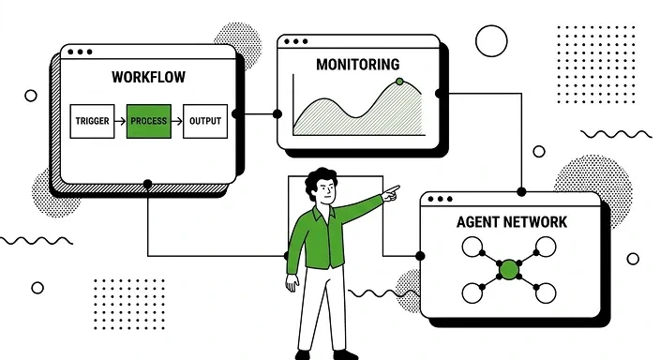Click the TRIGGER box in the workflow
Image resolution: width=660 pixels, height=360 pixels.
pos(92,122)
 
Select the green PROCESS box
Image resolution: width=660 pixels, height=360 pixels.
pos(148,122)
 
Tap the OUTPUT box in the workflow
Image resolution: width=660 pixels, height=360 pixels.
pos(204,122)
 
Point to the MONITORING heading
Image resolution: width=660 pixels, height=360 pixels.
pos(357,65)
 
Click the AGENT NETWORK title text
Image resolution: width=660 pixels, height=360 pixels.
pos(511,222)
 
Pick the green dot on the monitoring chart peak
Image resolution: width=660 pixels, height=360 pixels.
pos(399,82)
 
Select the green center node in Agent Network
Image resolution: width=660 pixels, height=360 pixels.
pos(509,270)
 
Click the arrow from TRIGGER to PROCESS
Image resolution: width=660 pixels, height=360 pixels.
pos(120,122)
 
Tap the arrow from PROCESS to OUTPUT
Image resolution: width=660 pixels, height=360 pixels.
pos(176,122)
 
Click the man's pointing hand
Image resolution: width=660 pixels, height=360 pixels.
pos(391,193)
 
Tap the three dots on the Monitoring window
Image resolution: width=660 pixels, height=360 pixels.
pos(295,42)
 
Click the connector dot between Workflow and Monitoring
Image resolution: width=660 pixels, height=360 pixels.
pos(277,113)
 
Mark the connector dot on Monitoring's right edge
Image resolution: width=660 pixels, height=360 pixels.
pos(440,94)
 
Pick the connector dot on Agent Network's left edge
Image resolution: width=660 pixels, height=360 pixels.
pos(420,255)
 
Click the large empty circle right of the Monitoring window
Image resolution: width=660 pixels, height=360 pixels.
pos(491,41)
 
